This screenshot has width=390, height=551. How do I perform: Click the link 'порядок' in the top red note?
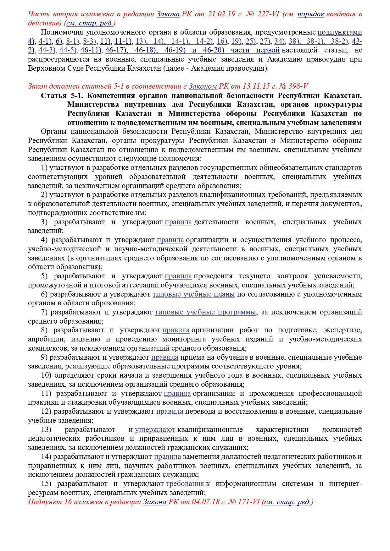point(311,14)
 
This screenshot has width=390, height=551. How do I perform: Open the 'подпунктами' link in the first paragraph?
point(340,32)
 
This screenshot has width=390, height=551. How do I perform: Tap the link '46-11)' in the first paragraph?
point(91,50)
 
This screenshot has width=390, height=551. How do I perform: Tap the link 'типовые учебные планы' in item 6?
point(193,294)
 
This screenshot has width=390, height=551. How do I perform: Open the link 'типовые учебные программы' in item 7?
point(205,312)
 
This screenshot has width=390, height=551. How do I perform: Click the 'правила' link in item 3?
point(178,222)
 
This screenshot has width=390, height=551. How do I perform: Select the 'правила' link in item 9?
point(164,357)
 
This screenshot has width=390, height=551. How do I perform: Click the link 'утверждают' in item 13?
point(155,429)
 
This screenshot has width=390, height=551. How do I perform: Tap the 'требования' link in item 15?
point(185,483)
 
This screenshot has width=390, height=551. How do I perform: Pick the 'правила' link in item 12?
point(170,412)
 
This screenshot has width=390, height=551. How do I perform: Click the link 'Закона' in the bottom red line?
point(154,502)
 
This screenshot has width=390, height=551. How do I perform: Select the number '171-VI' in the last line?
point(249,502)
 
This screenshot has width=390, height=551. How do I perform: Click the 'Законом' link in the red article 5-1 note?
point(203,86)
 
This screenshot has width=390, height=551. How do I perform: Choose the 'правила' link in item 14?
point(167,457)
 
